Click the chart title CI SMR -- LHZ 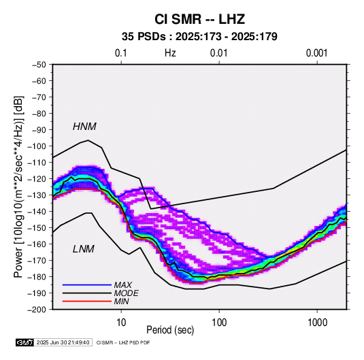(x=199, y=19)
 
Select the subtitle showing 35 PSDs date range (x=199, y=37)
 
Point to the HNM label (x=84, y=127)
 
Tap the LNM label (x=84, y=249)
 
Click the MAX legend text (x=122, y=285)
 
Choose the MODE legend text (x=127, y=293)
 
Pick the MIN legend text (x=121, y=301)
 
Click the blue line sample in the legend (x=87, y=285)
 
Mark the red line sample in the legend (x=87, y=301)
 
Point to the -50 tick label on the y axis (x=39, y=65)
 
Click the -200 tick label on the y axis (x=37, y=310)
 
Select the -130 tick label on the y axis (x=37, y=195)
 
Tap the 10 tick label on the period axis (x=121, y=323)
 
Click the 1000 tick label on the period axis (x=317, y=323)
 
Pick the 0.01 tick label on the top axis (x=219, y=53)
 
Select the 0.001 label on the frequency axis (x=317, y=53)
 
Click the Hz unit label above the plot (x=170, y=53)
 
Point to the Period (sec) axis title (x=170, y=330)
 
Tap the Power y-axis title (x=18, y=186)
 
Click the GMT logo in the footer (x=25, y=342)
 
